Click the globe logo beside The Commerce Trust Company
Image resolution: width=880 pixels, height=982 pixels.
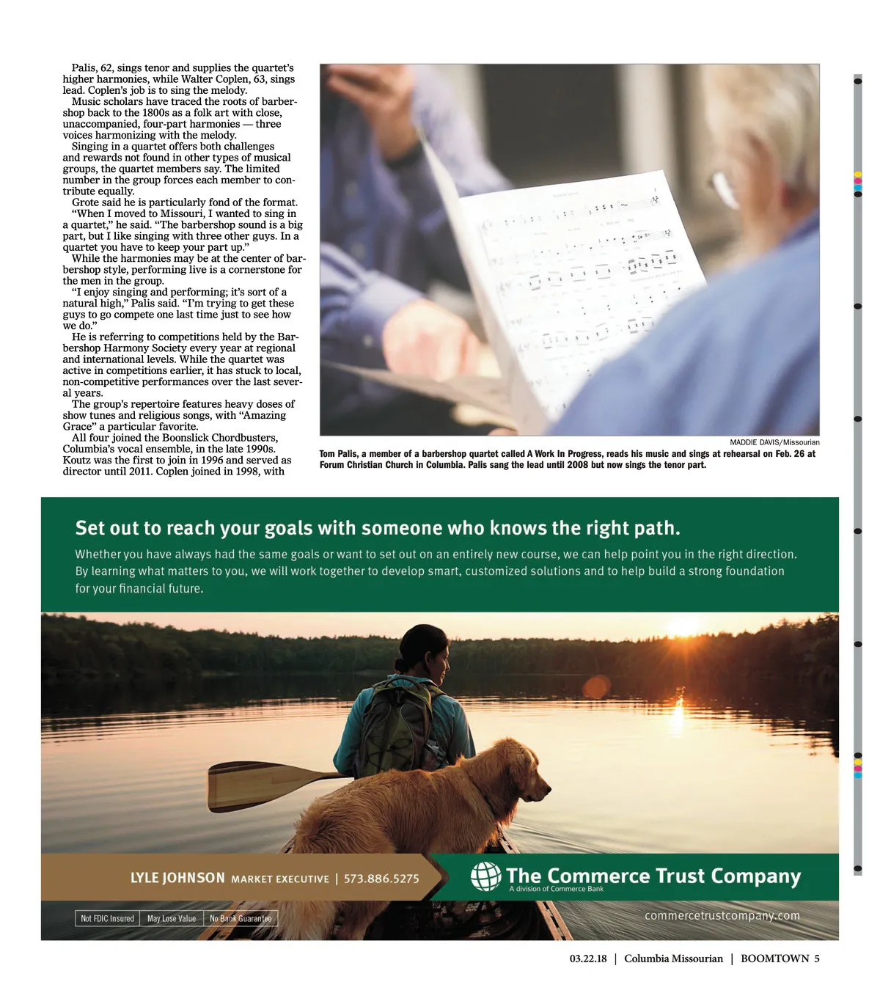pos(485,876)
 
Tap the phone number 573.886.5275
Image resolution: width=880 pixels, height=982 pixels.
pos(381,879)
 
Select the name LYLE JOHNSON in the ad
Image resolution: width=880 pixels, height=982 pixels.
pos(177,878)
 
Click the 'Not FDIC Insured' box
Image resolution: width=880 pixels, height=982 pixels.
pos(107,918)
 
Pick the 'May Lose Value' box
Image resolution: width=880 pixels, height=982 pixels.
pos(172,918)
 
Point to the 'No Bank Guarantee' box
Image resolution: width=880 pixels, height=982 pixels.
pos(241,918)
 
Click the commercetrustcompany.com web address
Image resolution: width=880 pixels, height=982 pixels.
pos(722,915)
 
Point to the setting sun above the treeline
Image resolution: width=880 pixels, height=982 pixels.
pos(683,627)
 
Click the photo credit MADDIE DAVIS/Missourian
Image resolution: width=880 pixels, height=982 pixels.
pos(774,442)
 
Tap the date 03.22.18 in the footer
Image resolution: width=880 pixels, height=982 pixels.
pos(588,959)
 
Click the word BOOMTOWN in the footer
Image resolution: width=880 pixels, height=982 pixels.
pos(774,959)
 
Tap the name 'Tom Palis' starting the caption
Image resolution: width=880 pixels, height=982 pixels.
pos(338,454)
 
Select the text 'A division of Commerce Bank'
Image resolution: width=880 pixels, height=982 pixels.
pos(556,889)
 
